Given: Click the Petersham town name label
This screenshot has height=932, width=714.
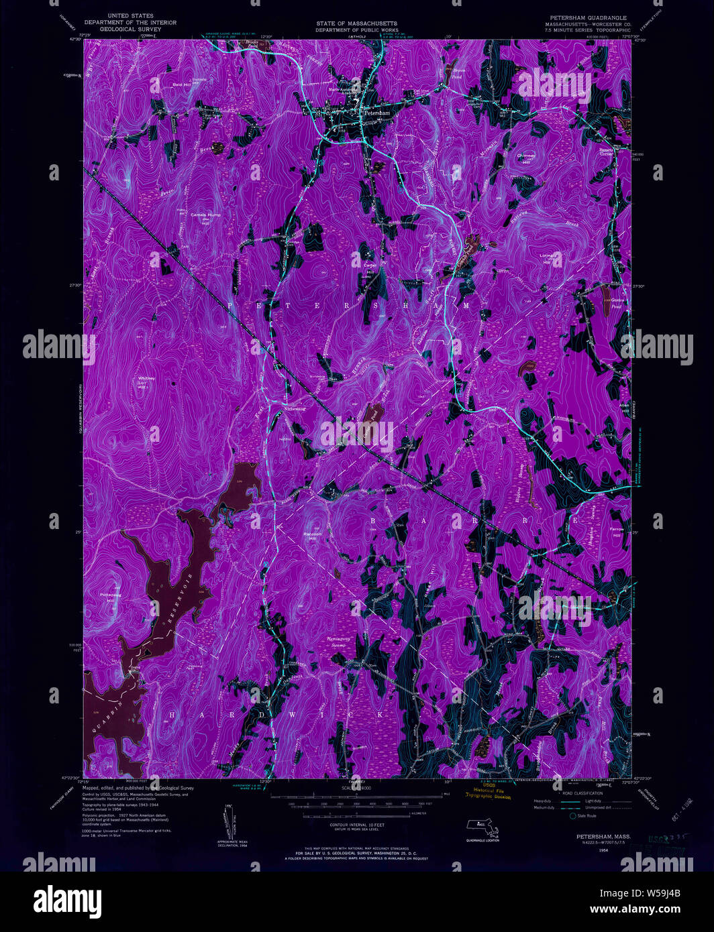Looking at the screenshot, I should coord(376,113).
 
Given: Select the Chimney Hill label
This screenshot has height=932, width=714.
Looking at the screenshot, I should coord(526,155).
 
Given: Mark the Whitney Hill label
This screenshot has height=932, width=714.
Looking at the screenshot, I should coord(147,378).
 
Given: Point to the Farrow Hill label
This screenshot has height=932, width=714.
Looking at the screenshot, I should coord(616,529).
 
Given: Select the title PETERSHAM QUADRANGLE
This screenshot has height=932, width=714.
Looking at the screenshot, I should coord(586,18).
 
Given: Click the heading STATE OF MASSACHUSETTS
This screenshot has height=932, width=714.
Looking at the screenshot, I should coord(357,23).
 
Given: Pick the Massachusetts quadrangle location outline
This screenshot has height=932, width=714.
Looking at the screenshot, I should coord(484,829).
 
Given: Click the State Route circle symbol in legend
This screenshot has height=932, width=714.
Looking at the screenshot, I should coord(572,816).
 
